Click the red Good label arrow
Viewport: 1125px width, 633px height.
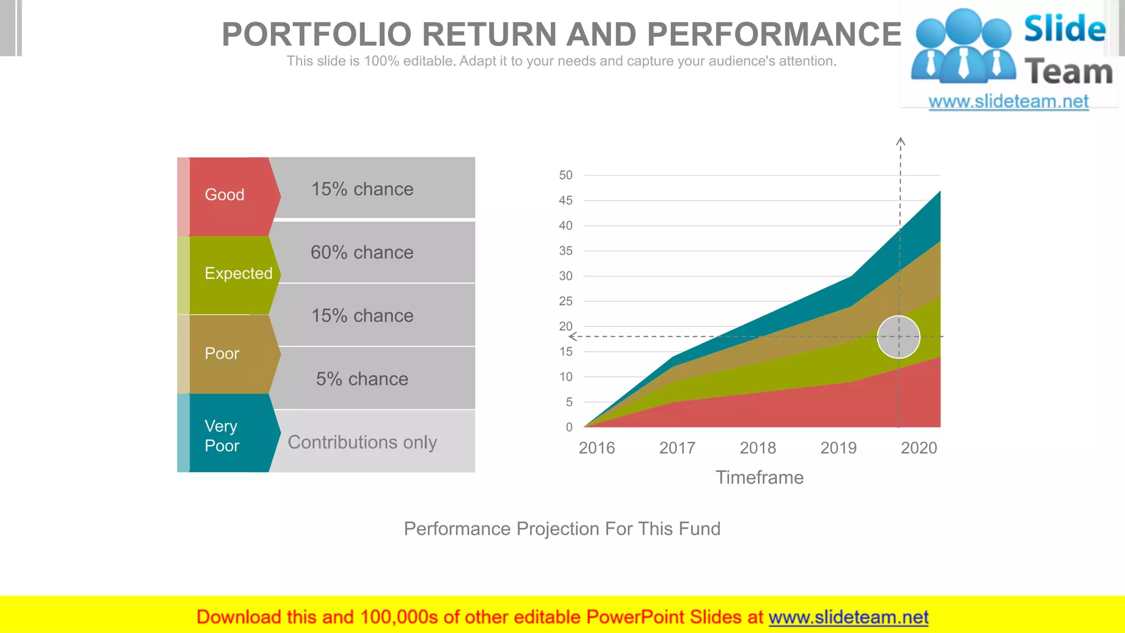(231, 196)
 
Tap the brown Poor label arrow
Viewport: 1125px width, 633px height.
(231, 353)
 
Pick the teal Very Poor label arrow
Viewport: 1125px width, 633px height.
(231, 434)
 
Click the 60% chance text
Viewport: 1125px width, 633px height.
(362, 252)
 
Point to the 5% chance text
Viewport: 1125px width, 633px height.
(362, 379)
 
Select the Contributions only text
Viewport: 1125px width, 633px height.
(362, 442)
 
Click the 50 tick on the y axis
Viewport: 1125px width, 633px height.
(565, 175)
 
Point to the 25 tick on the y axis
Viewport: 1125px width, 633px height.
(565, 301)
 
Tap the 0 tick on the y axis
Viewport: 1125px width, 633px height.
(569, 427)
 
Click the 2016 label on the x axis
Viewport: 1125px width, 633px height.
(597, 448)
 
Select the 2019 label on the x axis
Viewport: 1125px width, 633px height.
(838, 448)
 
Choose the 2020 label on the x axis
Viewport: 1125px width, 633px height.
(918, 448)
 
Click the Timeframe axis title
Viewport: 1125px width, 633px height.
(759, 477)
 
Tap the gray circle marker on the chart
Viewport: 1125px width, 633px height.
(898, 337)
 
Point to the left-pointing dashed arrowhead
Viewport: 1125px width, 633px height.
(572, 336)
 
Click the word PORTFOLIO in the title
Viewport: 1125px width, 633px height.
(316, 35)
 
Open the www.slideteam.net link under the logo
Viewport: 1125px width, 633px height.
(1008, 101)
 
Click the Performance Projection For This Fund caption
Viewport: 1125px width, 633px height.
(562, 529)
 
